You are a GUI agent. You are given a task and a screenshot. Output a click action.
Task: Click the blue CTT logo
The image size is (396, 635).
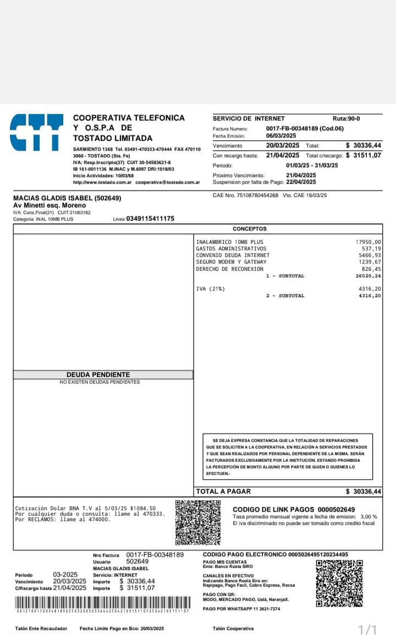pos(36,132)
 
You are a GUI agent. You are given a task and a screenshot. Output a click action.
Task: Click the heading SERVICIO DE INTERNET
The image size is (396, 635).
pos(249,118)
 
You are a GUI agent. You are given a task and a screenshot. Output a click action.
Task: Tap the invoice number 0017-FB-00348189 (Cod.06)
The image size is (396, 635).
pos(305,128)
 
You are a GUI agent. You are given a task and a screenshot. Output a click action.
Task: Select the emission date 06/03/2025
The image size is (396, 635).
pos(281,135)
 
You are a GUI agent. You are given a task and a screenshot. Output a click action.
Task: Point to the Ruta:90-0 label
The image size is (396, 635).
pos(346,118)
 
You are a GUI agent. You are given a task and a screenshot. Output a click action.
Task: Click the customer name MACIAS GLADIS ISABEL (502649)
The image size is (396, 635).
pos(67,198)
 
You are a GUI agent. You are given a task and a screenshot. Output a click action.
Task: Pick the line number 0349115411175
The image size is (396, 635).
pos(150,218)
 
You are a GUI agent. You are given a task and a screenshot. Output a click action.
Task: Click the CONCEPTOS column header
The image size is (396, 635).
pos(249,228)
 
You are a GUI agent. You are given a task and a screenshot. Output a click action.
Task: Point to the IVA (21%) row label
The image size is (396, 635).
pos(210,289)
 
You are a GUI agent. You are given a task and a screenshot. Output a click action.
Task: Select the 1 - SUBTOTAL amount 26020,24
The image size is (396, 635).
pos(368,276)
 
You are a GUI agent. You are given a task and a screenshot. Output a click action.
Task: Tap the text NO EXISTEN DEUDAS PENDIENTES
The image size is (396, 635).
pos(100,382)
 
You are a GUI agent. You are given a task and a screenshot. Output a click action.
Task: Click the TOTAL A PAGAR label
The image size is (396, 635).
pos(223,491)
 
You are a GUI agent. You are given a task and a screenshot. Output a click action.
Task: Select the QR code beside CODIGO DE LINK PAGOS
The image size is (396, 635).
pos(198,522)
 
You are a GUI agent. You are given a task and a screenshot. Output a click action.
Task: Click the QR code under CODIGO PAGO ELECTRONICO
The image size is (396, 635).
pos(339,583)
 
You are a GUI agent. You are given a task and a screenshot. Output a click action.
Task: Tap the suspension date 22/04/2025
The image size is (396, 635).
pos(301,182)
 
